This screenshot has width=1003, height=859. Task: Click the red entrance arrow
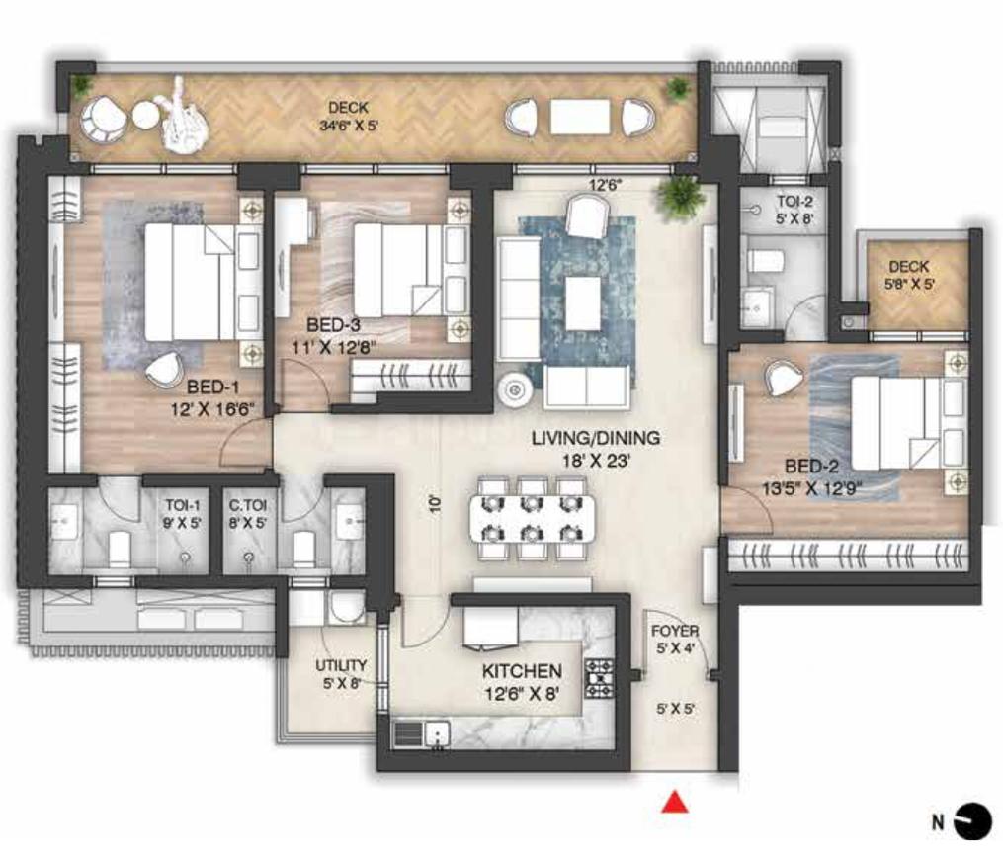pyautogui.click(x=676, y=802)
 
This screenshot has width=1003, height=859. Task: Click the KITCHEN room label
pyautogui.click(x=522, y=672)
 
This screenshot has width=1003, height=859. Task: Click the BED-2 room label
pyautogui.click(x=813, y=465)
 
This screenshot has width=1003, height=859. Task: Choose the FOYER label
pyautogui.click(x=675, y=631)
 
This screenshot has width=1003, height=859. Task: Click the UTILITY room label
pyautogui.click(x=341, y=665)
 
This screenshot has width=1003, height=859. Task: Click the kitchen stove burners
pyautogui.click(x=599, y=677)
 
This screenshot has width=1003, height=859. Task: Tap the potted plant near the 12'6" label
pyautogui.click(x=680, y=197)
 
